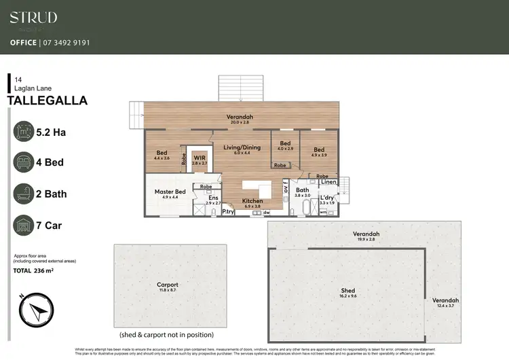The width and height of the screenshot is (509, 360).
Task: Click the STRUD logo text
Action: coord(33,18)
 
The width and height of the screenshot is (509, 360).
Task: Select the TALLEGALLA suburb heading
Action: coord(47,101)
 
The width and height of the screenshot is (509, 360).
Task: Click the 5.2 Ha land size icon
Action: coord(24,130)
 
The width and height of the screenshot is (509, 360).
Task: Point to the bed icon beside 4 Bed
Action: coord(24,162)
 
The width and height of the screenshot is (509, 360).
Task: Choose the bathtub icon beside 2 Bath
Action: coord(24,194)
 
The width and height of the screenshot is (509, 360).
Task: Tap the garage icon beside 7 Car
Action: coord(24,225)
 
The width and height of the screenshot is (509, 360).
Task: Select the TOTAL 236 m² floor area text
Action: coord(34,270)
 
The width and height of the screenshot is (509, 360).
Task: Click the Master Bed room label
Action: coord(170,192)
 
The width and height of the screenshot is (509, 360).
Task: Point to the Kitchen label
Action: coord(252,201)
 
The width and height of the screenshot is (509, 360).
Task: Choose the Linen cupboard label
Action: coord(328,182)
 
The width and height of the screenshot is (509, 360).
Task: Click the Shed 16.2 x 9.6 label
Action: coord(347,291)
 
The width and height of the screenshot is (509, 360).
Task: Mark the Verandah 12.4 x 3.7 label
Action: coord(445,300)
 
